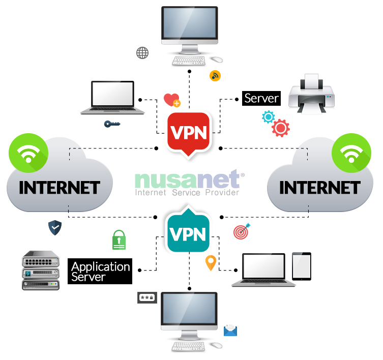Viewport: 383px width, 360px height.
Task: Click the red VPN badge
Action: point(188,132)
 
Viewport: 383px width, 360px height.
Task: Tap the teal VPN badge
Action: point(188,233)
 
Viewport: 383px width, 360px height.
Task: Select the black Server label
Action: point(261,98)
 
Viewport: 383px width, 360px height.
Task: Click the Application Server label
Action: point(100,272)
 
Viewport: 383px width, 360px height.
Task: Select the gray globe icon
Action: point(142,52)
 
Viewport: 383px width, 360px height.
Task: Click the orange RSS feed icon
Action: point(215,76)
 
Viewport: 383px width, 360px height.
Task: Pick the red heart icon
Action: point(171,100)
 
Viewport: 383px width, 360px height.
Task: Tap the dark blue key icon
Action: point(112,124)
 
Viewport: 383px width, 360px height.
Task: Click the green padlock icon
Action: point(119,239)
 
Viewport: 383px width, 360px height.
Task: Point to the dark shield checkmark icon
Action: point(55,227)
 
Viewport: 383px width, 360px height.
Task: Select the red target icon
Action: point(241,232)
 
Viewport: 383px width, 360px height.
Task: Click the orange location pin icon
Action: point(210,262)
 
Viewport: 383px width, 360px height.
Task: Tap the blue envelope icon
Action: point(230,330)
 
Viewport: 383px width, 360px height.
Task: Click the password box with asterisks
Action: point(147,298)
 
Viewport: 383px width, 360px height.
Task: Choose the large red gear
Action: point(280,128)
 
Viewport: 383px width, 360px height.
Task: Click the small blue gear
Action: point(268,117)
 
